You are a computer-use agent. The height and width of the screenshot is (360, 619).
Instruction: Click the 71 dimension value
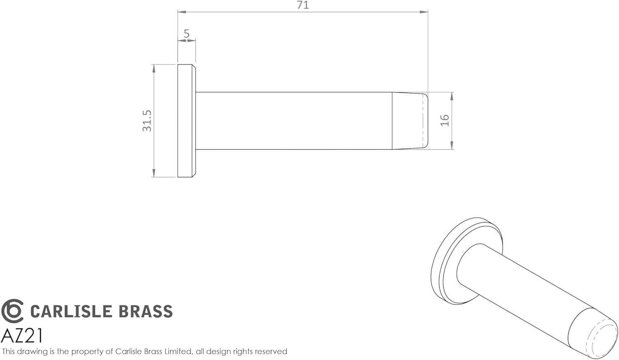[303, 5]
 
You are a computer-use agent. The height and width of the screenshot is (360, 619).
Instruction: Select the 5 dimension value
[187, 34]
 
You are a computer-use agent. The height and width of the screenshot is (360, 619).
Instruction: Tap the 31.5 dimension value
[147, 121]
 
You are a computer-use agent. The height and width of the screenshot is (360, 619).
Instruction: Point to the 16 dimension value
[444, 121]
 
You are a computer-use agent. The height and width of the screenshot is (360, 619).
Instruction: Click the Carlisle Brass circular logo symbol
[12, 311]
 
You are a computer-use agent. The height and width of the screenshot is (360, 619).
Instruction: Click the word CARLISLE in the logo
[71, 311]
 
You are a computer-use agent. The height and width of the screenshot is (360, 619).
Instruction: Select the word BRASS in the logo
[146, 311]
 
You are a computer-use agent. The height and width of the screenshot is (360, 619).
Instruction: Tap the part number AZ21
[22, 336]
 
